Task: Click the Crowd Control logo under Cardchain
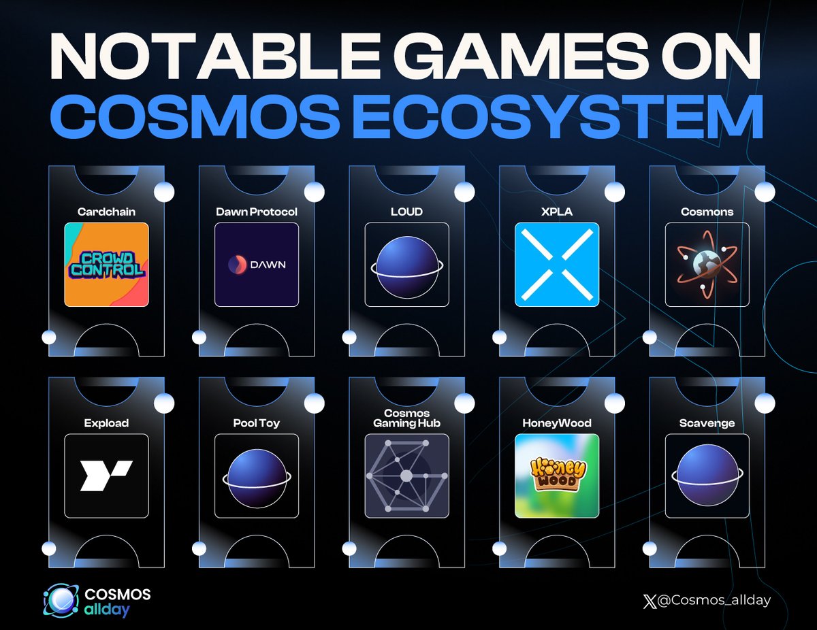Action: tap(106, 265)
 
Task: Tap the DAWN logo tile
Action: tap(257, 265)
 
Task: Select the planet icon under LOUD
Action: tap(406, 265)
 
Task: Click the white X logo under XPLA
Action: tap(557, 265)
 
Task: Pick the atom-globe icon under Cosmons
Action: tap(707, 265)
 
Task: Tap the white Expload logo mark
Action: tap(106, 476)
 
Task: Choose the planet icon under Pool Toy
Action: tap(257, 476)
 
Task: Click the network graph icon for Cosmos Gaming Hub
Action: tap(406, 476)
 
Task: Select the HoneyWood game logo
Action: tap(557, 476)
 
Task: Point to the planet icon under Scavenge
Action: tap(707, 476)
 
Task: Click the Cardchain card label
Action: tap(106, 212)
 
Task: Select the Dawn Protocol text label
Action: tap(257, 212)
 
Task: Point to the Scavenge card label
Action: tap(707, 422)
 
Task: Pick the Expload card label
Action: tap(106, 422)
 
